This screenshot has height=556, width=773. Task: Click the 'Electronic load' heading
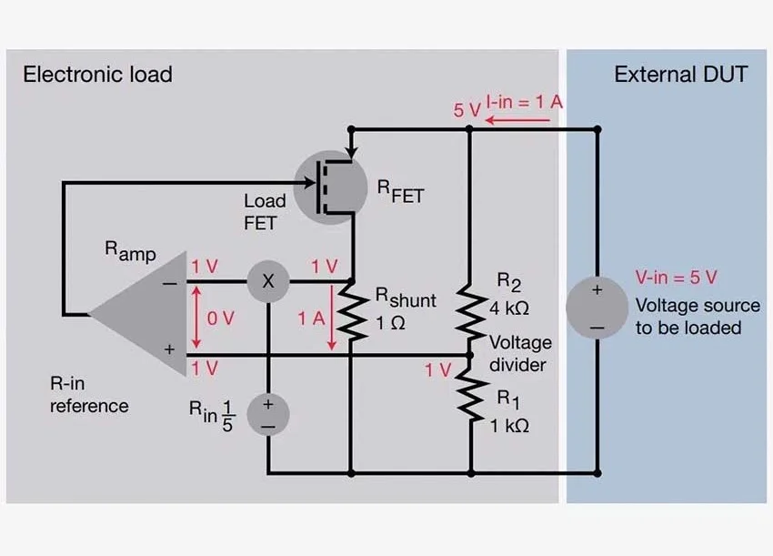pos(97,75)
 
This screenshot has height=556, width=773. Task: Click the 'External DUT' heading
pos(681,75)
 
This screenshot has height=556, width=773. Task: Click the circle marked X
pos(268,282)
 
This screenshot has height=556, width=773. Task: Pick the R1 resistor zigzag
pos(469,396)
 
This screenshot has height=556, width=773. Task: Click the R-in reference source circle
pos(268,414)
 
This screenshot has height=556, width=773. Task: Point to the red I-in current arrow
pos(537,118)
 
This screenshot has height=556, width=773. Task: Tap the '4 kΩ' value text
pos(509,308)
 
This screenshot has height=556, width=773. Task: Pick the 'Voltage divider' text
pos(520,354)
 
